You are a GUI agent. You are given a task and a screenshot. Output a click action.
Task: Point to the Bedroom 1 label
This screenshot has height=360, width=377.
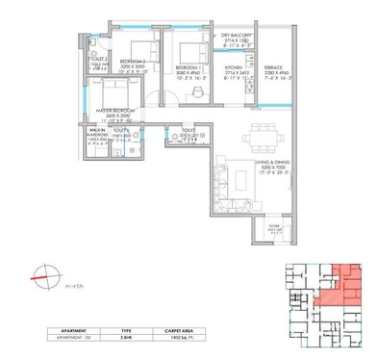[x=189, y=73]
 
